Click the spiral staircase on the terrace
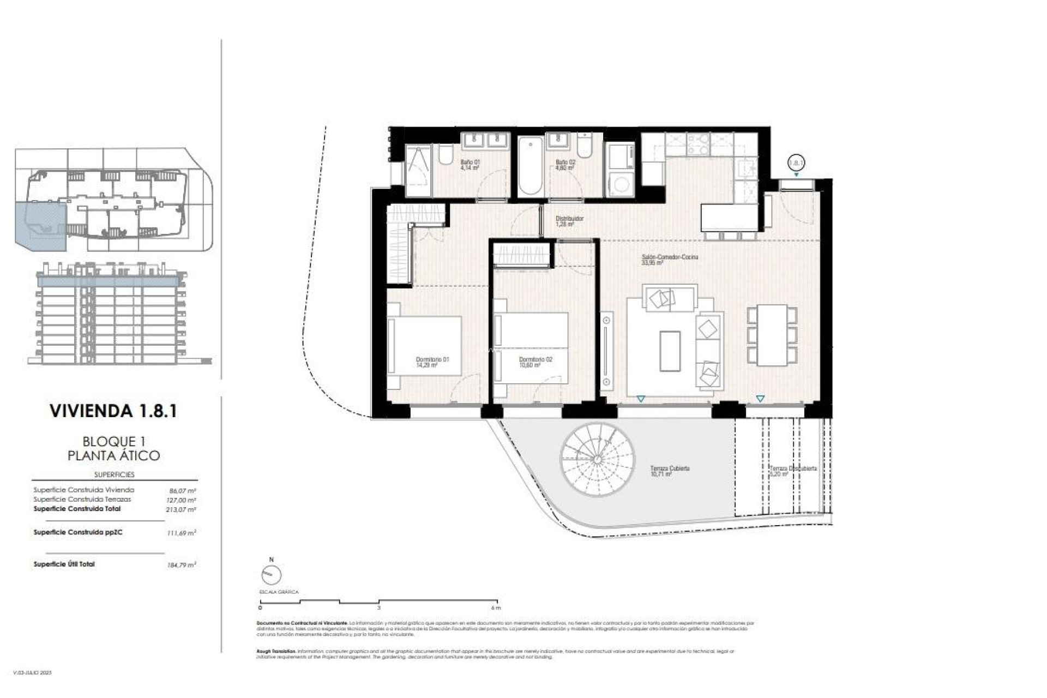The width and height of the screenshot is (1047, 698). (x=598, y=459)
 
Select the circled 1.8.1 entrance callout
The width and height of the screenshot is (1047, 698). (x=796, y=162)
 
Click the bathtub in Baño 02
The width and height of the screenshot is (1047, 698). (x=530, y=166)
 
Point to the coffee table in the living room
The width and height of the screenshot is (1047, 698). (x=670, y=351)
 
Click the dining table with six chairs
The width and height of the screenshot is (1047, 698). (x=772, y=335)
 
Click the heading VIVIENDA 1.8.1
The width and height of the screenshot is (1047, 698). (x=113, y=411)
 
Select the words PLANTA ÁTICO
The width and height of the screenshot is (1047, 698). (x=113, y=456)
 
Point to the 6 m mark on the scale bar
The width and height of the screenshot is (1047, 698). (x=495, y=607)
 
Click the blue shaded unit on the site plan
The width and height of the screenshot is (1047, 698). (x=39, y=225)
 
